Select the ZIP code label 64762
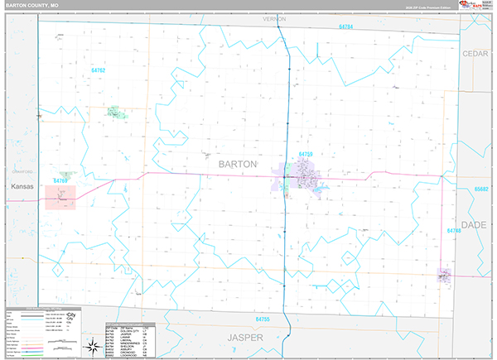[x=99, y=70]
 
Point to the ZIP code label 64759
[x=306, y=154]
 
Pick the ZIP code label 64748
[x=453, y=231]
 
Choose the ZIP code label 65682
[x=482, y=190]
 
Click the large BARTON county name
[x=238, y=164]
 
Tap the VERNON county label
[x=273, y=17]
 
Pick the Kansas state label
[x=22, y=187]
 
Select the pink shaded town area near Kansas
[x=60, y=197]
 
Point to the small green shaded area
[x=113, y=111]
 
